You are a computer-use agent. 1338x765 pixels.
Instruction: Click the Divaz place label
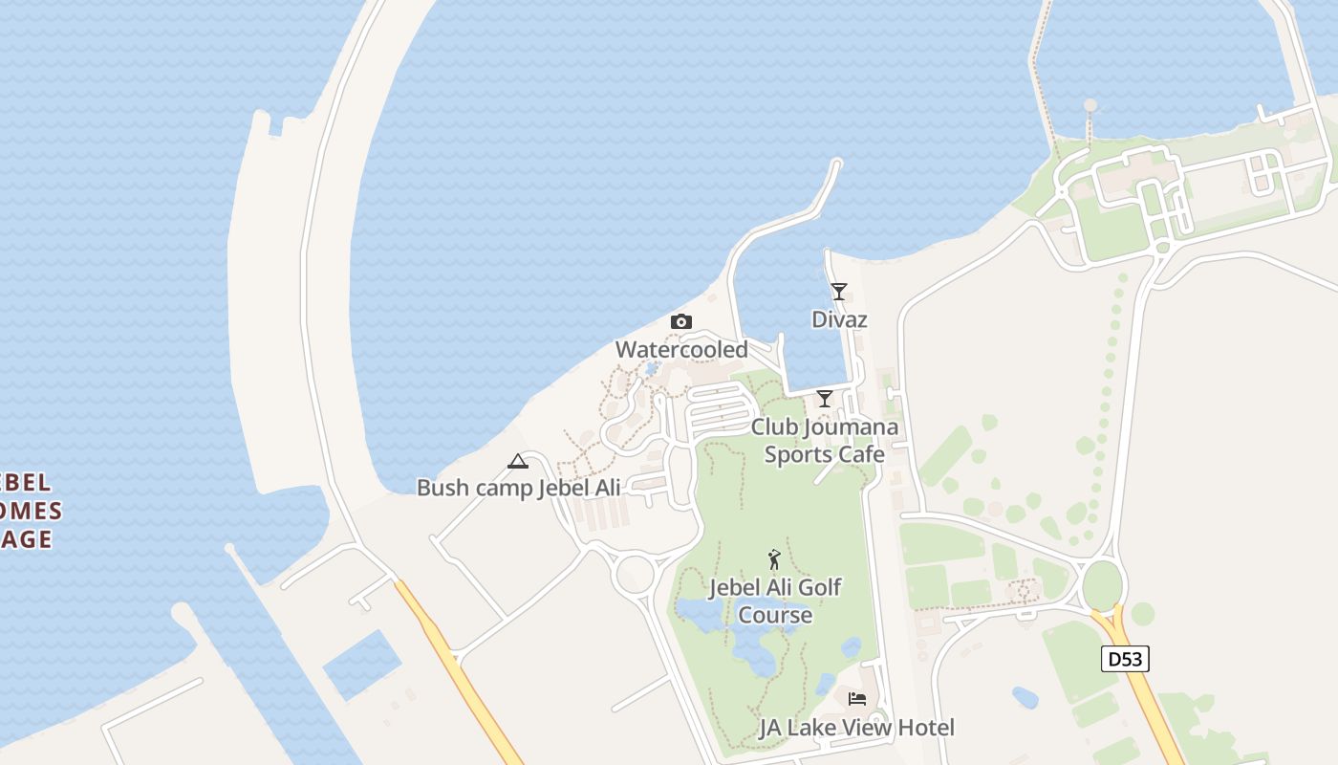pos(839,319)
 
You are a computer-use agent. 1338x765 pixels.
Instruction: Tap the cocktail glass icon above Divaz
pos(838,291)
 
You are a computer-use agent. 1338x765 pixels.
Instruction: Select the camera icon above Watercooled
pos(680,321)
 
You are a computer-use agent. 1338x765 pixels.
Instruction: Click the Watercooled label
pos(681,350)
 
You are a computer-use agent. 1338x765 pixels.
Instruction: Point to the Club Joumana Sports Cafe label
pos(824,441)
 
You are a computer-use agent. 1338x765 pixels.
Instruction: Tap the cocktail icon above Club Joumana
pos(824,398)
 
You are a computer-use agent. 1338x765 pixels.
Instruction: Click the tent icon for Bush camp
pos(518,461)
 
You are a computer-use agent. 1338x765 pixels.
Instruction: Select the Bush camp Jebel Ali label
pos(518,488)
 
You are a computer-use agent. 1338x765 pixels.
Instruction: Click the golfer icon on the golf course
pos(774,559)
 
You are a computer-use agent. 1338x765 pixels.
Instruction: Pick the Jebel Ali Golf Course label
pos(774,601)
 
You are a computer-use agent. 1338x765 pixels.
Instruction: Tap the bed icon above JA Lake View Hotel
pos(857,699)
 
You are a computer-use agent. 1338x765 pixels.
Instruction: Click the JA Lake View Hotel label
pos(856,728)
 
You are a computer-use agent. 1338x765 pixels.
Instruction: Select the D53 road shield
pos(1124,659)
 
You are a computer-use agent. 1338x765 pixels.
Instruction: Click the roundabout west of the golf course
pos(635,575)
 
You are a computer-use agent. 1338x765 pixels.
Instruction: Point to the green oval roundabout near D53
pos(1102,585)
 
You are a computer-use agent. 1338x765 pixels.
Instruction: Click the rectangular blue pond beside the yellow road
pos(361,665)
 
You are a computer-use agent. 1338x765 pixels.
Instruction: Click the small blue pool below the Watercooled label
pos(652,368)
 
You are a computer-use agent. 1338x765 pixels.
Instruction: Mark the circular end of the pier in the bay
pos(1090,105)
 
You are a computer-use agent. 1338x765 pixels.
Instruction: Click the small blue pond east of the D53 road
pos(1025,697)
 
